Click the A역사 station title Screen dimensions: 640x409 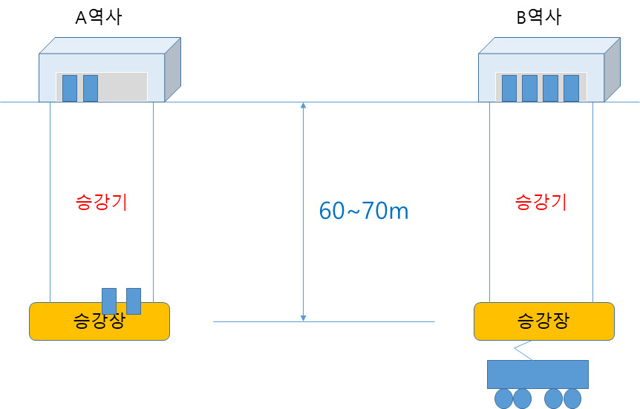pos(98,18)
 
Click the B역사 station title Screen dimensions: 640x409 pos(539,18)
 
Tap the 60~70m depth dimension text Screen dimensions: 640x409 pos(363,211)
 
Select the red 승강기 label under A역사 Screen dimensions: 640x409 pos(101,202)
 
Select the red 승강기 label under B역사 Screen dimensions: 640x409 pos(541,202)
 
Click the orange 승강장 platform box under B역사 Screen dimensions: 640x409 pos(544,321)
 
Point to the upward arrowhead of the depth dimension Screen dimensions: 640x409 pos(303,105)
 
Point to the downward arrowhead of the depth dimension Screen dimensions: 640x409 pos(303,318)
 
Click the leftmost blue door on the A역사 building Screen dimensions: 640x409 pos(70,88)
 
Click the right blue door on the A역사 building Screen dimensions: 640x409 pos(91,88)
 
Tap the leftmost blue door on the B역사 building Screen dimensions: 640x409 pos(509,88)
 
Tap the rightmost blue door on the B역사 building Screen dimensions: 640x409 pos(572,88)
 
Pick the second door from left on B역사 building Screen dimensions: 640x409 pos(530,88)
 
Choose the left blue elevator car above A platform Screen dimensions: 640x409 pos(109,301)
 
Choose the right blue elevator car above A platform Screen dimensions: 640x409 pos(134,301)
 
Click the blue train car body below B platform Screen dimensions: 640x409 pos(538,374)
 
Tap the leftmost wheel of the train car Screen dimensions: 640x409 pos(503,399)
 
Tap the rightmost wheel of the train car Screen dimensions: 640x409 pos(572,399)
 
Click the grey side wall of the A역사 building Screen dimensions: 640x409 pos(173,69)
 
